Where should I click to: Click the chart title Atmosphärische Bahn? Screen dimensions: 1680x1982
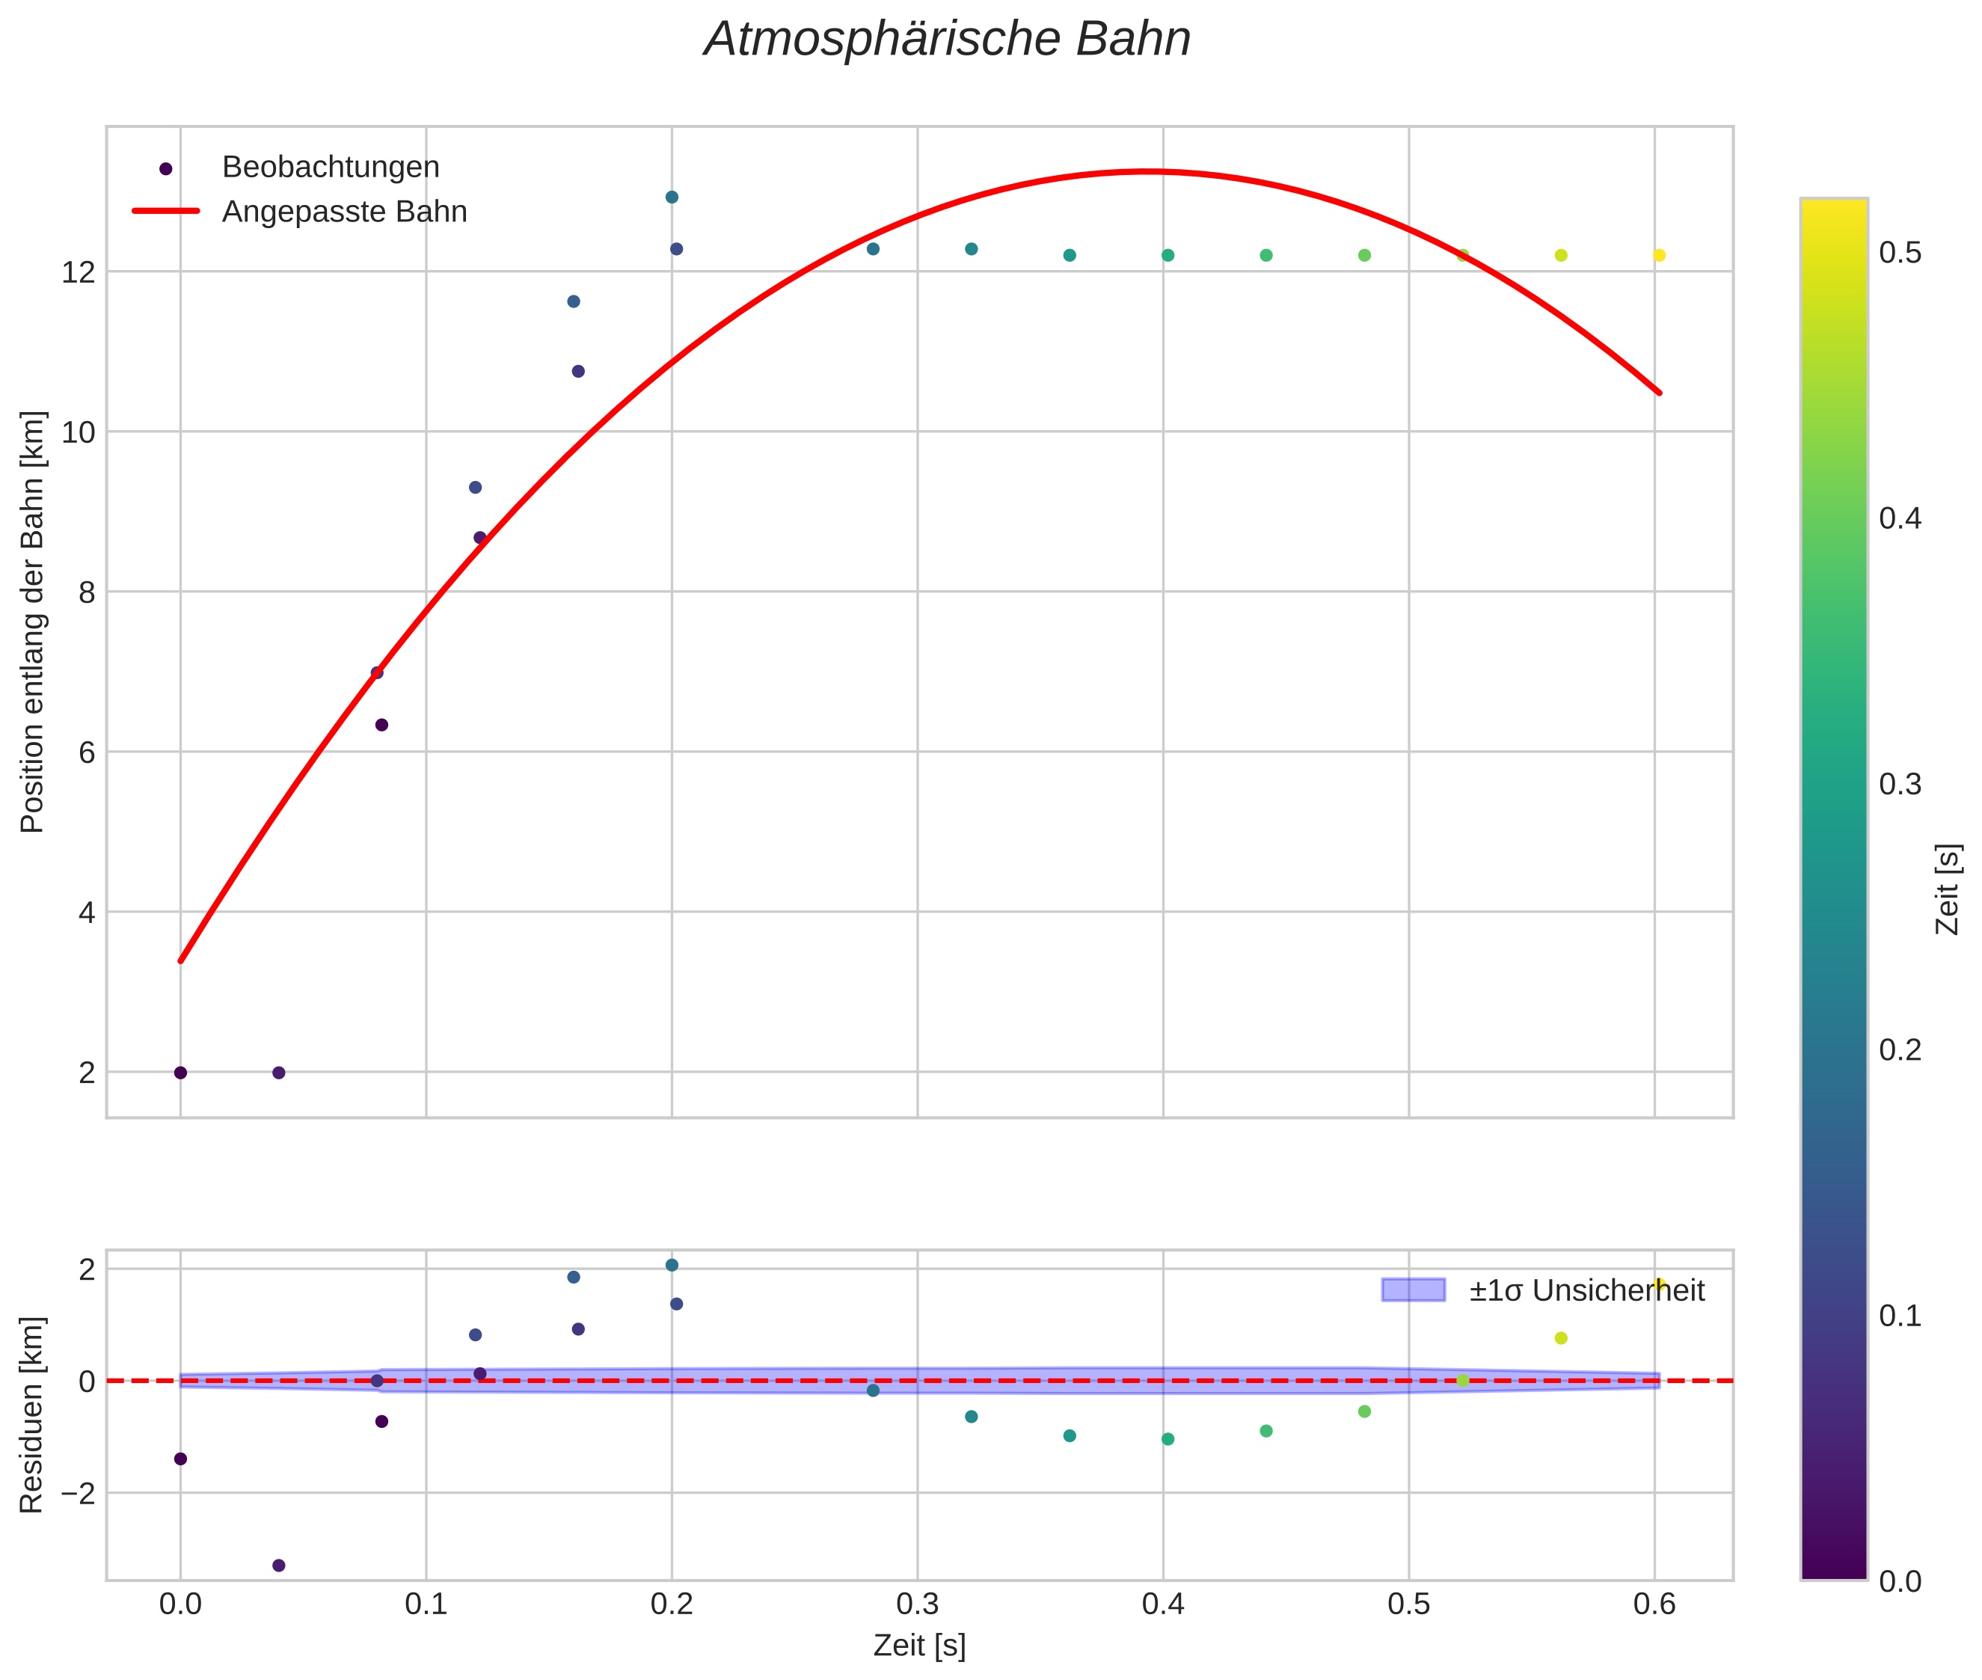tap(947, 40)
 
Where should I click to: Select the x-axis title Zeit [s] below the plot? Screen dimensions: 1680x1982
tap(919, 1645)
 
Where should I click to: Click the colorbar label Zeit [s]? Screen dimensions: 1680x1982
tap(1948, 889)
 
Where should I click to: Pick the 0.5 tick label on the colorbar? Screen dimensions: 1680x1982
tap(1900, 254)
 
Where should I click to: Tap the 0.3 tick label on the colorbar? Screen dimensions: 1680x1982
tap(1900, 785)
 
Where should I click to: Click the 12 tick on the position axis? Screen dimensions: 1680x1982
tap(79, 272)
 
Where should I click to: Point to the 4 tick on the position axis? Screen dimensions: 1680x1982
tap(87, 913)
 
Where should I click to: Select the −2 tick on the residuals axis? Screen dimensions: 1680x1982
tap(77, 1493)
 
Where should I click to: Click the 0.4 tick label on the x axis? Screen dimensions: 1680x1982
tap(1163, 1604)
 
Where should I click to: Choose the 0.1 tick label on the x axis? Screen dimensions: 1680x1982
tap(426, 1604)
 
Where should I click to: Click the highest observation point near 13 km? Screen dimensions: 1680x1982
tap(672, 197)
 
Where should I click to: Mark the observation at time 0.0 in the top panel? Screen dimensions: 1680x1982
tap(181, 1073)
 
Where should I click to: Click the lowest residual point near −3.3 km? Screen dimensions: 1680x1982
tap(279, 1566)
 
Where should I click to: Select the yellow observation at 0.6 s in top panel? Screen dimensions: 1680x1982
tap(1659, 255)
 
